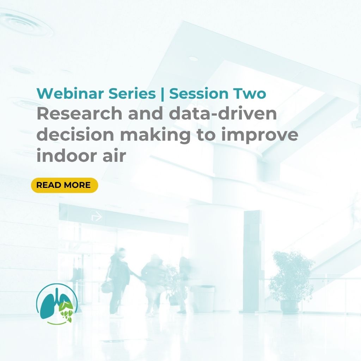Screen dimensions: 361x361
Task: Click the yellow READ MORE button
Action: (65, 185)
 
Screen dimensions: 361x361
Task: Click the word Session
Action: (199, 93)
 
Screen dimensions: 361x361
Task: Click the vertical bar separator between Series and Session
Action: (163, 94)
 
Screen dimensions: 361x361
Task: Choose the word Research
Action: (79, 114)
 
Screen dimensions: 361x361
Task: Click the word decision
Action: (75, 134)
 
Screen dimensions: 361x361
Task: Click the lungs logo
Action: (57, 304)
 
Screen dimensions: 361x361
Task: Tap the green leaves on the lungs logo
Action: (66, 311)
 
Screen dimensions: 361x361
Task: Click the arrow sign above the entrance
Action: (97, 216)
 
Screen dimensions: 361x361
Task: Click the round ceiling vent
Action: (26, 23)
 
